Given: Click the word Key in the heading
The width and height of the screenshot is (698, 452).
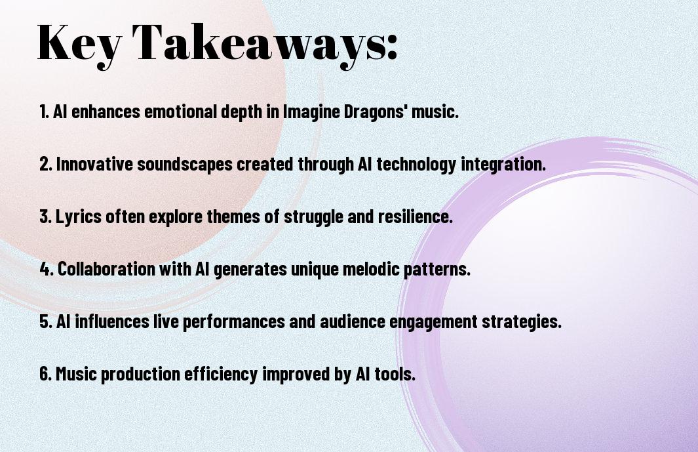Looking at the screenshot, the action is click(79, 44).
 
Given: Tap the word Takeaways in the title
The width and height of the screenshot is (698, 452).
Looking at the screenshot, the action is click(259, 44).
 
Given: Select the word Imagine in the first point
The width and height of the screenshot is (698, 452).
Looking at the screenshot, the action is click(311, 112).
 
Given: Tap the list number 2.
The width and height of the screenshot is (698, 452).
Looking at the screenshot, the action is click(46, 164).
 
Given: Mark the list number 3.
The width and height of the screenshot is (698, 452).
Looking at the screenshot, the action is click(46, 216).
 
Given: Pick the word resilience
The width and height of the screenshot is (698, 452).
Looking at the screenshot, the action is click(416, 216).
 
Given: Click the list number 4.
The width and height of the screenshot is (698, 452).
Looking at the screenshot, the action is click(47, 269).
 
